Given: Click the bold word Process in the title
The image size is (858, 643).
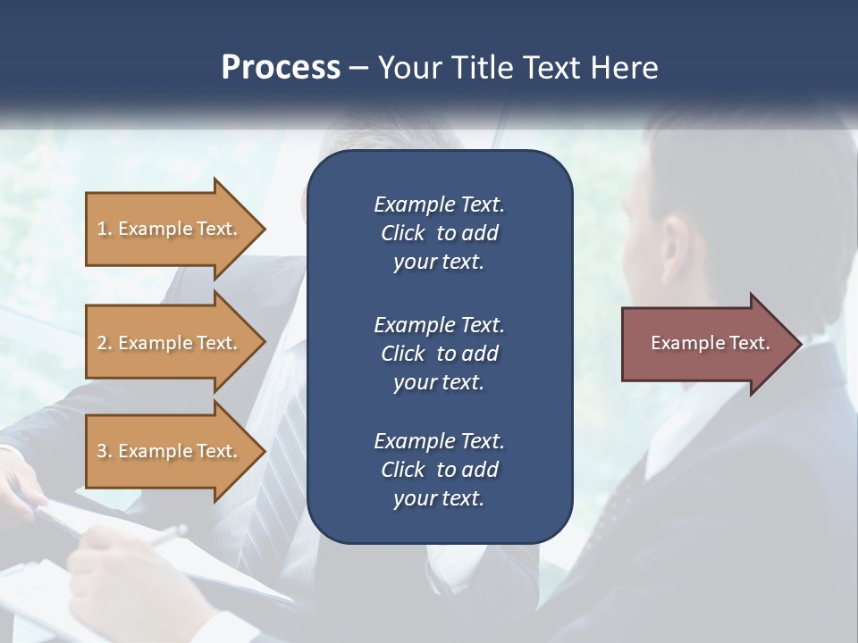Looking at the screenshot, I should (x=281, y=68).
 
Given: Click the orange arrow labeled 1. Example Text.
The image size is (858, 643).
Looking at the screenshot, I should (x=170, y=229).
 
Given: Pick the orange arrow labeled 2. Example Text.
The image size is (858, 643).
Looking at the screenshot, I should (x=170, y=343).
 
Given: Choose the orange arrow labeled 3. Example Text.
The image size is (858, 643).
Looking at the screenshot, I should (x=170, y=451).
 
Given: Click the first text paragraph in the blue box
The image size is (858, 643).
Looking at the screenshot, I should (x=439, y=233).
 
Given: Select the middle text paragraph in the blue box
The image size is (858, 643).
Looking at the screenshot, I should (x=439, y=354).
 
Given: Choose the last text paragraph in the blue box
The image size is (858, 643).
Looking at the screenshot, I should (x=439, y=470).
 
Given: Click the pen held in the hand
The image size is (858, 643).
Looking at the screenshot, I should (x=165, y=535).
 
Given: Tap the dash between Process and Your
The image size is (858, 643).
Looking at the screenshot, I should (x=358, y=69).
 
